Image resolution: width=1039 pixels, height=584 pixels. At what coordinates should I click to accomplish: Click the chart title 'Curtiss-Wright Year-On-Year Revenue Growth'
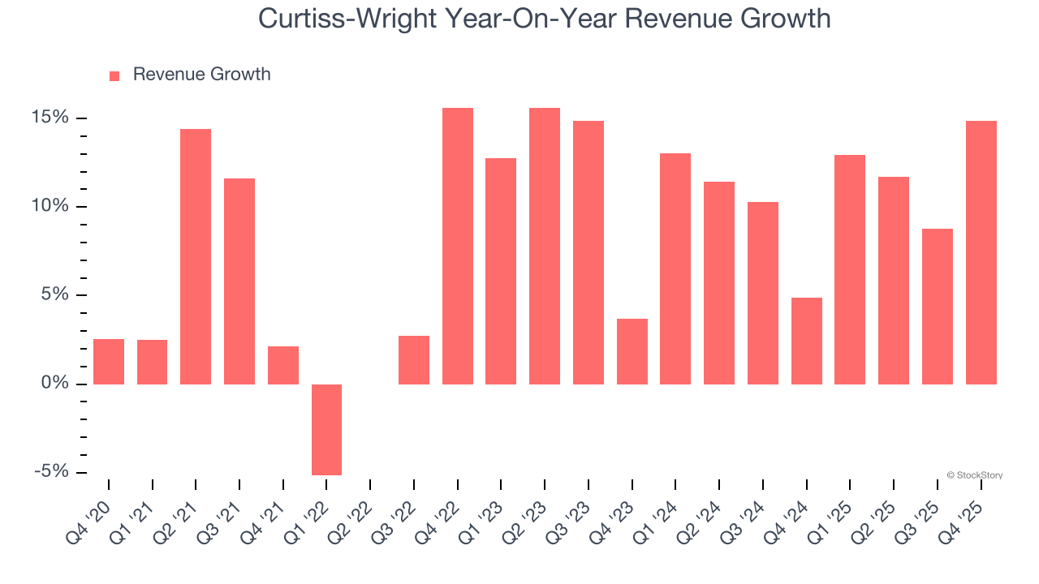click(544, 18)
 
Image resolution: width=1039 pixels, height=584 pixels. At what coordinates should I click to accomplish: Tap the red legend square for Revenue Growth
click(114, 75)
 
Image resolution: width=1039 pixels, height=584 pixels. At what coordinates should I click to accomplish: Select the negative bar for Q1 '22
click(326, 429)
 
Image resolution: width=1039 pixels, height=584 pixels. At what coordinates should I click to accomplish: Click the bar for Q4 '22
click(457, 246)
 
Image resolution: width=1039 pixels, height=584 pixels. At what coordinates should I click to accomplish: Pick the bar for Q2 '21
click(196, 256)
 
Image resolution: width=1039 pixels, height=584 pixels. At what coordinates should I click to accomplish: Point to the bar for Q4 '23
click(632, 351)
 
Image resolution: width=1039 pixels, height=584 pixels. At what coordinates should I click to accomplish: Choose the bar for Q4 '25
click(981, 252)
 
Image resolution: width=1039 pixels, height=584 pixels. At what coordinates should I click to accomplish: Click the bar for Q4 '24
click(806, 341)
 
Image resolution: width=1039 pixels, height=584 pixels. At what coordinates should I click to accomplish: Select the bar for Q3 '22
click(413, 359)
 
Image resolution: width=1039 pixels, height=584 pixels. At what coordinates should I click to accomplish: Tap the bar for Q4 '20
click(109, 361)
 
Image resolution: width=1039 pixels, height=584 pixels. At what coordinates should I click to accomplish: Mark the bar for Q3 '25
click(937, 306)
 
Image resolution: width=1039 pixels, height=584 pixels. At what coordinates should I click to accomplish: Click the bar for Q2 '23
click(544, 246)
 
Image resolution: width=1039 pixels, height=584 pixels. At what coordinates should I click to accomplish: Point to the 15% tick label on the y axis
click(50, 118)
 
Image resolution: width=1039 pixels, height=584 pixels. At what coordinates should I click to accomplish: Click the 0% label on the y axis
click(55, 383)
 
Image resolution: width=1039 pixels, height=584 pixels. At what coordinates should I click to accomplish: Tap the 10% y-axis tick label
click(50, 206)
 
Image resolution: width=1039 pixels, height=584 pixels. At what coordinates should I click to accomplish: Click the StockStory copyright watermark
click(974, 475)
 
